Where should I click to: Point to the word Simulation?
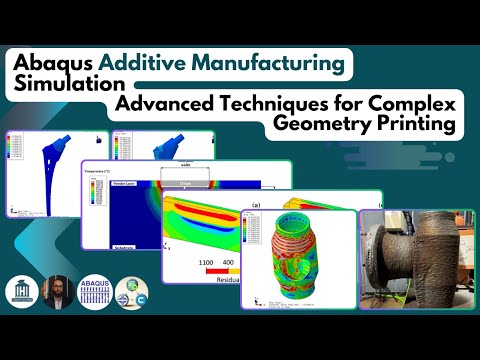[62, 84]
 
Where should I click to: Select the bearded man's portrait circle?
[58, 291]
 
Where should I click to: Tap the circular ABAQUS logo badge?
[95, 291]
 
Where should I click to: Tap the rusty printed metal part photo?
[415, 255]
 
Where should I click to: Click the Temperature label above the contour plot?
[103, 171]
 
